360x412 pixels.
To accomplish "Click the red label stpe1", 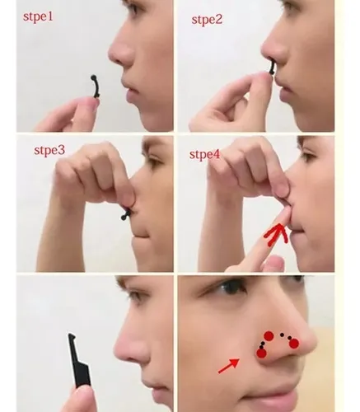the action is pyautogui.click(x=38, y=17).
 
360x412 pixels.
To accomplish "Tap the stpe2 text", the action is pyautogui.click(x=207, y=20).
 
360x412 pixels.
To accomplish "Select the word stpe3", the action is pyautogui.click(x=49, y=150).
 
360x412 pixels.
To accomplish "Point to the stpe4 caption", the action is pyautogui.click(x=204, y=155).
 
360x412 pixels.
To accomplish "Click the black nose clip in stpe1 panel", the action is pyautogui.click(x=95, y=86).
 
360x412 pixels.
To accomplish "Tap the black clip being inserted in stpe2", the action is pyautogui.click(x=272, y=68).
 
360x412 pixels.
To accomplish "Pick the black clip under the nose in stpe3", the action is pyautogui.click(x=126, y=214).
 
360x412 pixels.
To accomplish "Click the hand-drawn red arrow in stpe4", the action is pyautogui.click(x=277, y=234).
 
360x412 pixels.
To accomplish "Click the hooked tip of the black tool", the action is pyautogui.click(x=72, y=336).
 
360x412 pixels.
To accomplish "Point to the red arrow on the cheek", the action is pyautogui.click(x=228, y=366).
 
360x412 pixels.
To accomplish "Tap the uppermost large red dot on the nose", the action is pyautogui.click(x=269, y=336).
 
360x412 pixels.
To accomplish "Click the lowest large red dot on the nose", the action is pyautogui.click(x=261, y=353).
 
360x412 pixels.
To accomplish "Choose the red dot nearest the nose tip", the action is pyautogui.click(x=293, y=344).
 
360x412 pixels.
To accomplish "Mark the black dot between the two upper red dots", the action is pyautogui.click(x=282, y=335).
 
